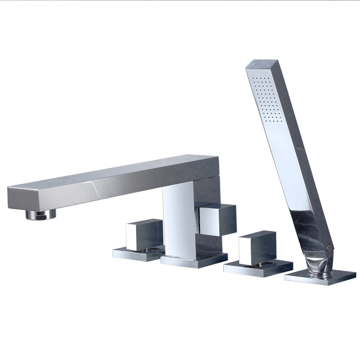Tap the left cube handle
point(144,234)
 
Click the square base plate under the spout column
point(193,261)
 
